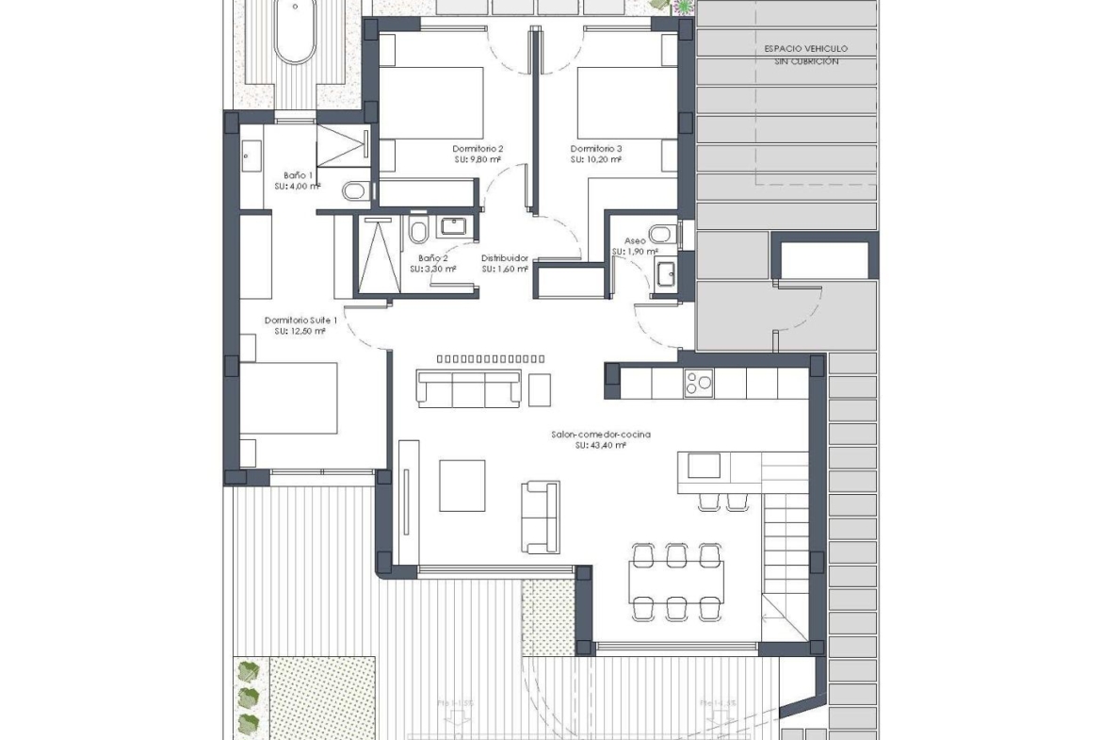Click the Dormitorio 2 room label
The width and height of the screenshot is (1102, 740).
478,148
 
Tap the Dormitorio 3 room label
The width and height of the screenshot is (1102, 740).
596,148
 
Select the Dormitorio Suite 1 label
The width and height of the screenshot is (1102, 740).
300,320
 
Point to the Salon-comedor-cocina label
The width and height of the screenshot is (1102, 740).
602,434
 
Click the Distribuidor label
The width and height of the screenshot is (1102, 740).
505,257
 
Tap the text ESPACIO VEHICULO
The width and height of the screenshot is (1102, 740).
805,48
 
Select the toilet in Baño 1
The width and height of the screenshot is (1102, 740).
354,192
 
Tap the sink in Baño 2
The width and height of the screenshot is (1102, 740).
454,227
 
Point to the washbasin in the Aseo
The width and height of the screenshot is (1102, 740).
666,273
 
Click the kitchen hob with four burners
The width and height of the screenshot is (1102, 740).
698,382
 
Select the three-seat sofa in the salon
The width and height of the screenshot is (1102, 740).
469,388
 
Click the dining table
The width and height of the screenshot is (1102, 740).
676,583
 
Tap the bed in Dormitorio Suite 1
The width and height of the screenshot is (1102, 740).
288,398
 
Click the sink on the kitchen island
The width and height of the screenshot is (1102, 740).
703,466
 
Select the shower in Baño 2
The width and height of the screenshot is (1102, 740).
379,255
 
